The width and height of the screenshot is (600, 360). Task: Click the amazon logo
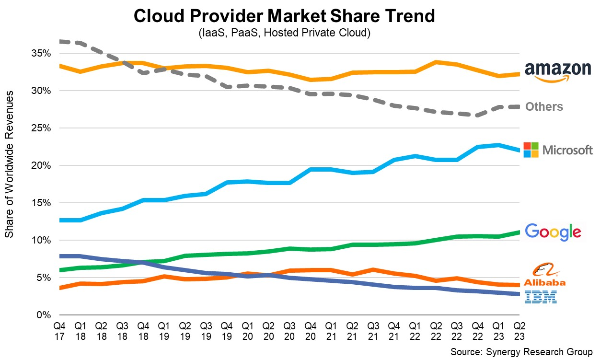click(558, 72)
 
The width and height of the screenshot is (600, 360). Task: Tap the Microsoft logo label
click(558, 150)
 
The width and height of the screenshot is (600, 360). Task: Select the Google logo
click(553, 232)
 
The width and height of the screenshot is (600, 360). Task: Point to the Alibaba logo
click(545, 275)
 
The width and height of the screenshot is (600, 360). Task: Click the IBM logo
click(541, 297)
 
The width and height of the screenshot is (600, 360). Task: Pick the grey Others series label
click(544, 106)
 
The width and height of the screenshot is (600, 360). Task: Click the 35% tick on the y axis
click(41, 53)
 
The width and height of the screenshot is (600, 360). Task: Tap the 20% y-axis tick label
click(41, 165)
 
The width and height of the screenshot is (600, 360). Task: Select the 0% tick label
click(44, 315)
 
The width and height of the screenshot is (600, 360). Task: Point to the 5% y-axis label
click(44, 278)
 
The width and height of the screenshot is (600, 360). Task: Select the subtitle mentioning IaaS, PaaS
click(285, 34)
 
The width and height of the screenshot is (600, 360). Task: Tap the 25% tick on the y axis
click(41, 128)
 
